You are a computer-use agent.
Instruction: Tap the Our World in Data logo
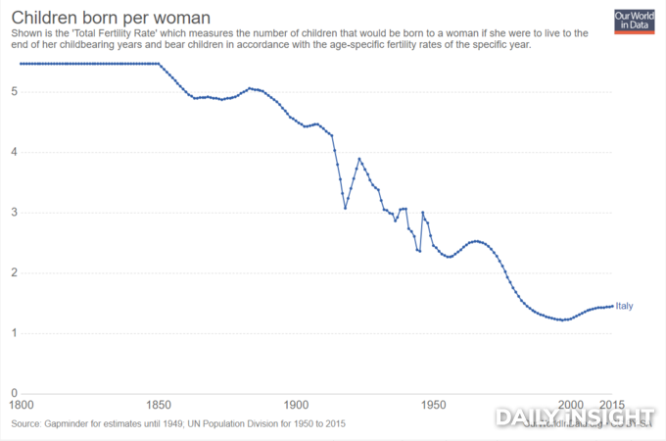coord(633,21)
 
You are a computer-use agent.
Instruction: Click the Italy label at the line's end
coord(624,306)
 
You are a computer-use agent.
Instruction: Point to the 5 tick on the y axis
coord(14,92)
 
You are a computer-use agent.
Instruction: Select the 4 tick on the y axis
coord(14,152)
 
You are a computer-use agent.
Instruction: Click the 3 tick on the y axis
coord(14,213)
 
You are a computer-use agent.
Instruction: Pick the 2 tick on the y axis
coord(14,273)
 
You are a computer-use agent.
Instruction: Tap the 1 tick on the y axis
coord(14,333)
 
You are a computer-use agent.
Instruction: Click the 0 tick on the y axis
coord(14,394)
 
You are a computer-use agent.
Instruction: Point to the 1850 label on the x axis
coord(158,404)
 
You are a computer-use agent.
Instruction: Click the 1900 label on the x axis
coord(296,404)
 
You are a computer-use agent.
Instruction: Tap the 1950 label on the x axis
coord(433,404)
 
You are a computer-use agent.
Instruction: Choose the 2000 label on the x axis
coord(571,404)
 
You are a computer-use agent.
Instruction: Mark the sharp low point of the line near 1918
coord(345,208)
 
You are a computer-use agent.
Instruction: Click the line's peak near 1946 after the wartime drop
coord(422,213)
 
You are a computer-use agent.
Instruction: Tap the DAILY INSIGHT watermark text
coord(574,417)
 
